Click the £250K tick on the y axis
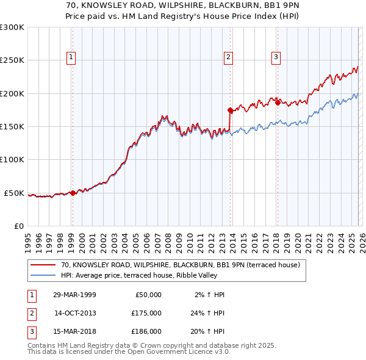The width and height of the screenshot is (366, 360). point(12,60)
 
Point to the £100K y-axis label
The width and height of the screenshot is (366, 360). point(12,160)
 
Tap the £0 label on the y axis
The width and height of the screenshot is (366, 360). point(18,226)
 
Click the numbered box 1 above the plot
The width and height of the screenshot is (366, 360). point(71,57)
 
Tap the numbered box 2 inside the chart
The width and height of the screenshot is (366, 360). point(228,57)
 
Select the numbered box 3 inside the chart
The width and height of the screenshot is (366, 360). point(276,57)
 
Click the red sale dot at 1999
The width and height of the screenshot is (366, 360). point(73,193)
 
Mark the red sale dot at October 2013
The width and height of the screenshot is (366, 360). point(230,110)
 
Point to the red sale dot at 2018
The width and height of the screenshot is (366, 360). point(277,103)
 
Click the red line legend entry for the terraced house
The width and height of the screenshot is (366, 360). point(180,265)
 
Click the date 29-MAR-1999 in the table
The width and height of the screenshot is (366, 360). point(75,295)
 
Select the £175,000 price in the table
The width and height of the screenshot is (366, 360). point(146,313)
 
